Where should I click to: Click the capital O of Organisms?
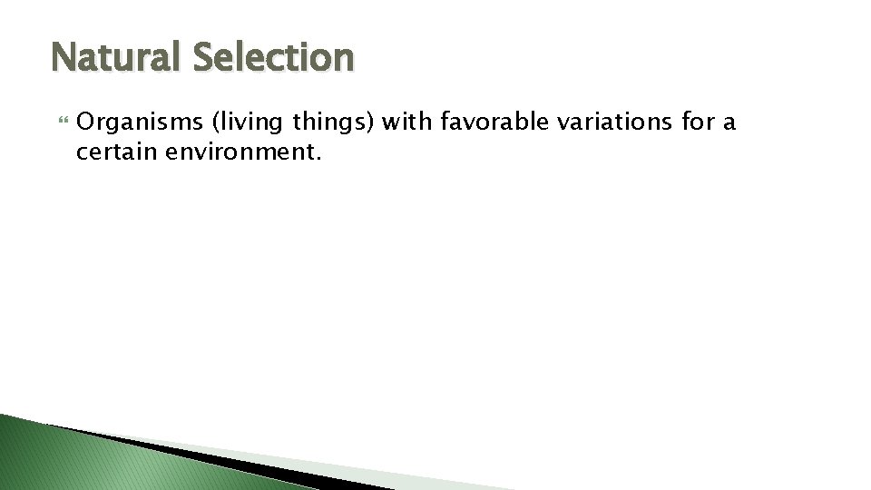point(87,122)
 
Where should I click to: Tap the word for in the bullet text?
point(700,122)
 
